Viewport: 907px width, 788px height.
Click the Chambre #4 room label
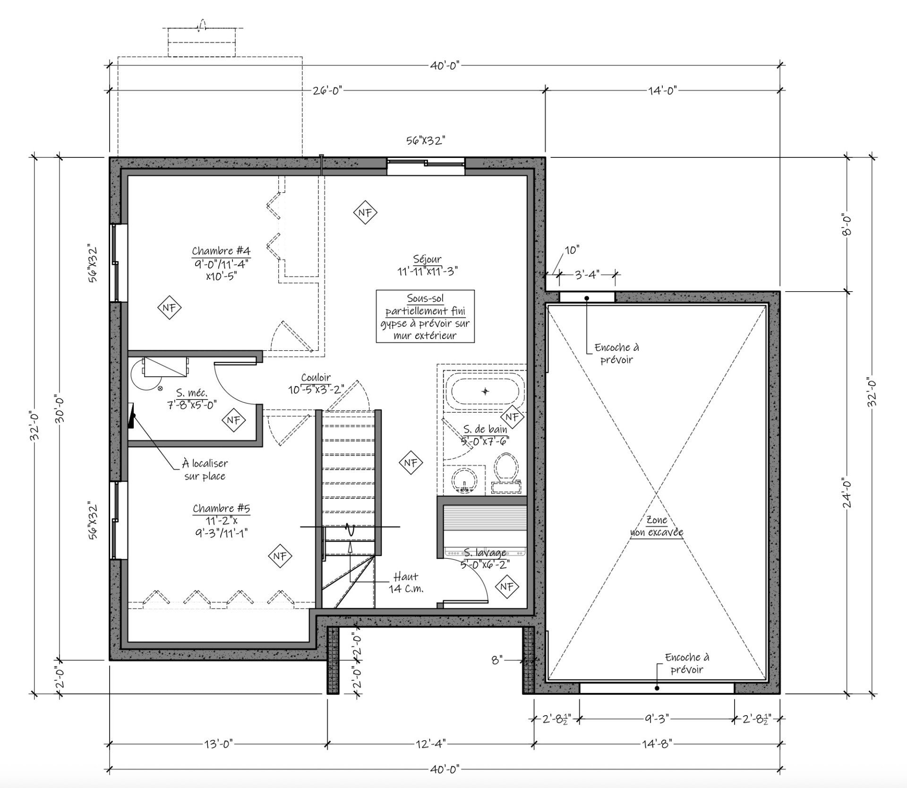tap(221, 263)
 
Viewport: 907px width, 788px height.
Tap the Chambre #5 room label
tap(221, 521)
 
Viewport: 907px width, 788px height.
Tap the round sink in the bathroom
tap(465, 481)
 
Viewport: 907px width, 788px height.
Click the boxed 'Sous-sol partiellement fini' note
tap(425, 316)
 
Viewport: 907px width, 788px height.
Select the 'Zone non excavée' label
tap(657, 526)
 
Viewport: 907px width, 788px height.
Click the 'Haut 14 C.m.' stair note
tap(406, 582)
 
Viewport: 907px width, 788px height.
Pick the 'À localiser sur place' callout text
tap(205, 469)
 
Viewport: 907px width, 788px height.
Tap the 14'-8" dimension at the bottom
tap(657, 745)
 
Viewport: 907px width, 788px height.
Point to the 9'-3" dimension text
tap(657, 719)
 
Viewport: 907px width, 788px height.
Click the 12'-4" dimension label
tap(431, 745)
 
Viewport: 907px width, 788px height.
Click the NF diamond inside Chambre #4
tap(170, 308)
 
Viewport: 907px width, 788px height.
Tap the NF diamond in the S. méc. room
tap(234, 420)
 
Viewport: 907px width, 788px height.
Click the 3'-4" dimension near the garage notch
tap(587, 274)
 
